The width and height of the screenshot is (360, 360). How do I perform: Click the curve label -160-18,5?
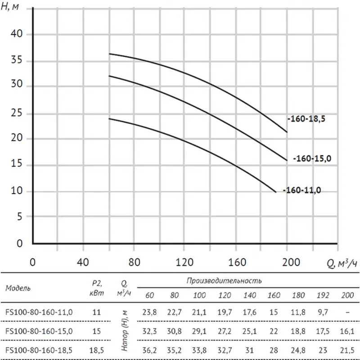tap(306, 120)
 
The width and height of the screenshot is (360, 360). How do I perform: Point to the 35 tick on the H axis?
tap(17, 61)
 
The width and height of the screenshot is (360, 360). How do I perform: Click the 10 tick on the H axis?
tap(17, 192)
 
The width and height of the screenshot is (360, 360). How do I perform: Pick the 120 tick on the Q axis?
tap(184, 262)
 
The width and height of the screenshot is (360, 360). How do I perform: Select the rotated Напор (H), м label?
tap(126, 331)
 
